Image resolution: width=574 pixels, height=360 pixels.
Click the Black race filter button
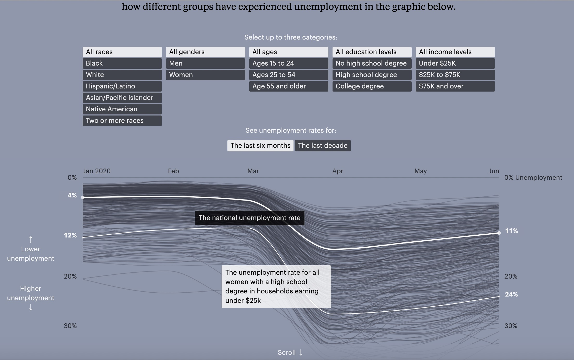point(122,63)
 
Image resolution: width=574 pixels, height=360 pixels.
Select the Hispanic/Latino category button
point(122,86)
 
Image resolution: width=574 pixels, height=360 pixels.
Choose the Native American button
point(122,109)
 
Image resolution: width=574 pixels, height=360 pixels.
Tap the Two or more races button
point(122,121)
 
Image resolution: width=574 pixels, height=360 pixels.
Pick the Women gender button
point(205,75)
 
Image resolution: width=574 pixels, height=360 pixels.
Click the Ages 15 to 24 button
point(289,63)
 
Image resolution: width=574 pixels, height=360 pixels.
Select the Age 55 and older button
point(289,86)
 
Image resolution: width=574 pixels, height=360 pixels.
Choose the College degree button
point(372,86)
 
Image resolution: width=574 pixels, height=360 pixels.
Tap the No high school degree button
point(372,63)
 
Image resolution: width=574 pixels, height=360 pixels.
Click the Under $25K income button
point(455,63)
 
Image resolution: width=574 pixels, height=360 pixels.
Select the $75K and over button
point(455,86)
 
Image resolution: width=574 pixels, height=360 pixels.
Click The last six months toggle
point(260,146)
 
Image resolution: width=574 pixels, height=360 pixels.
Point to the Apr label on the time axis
point(337,171)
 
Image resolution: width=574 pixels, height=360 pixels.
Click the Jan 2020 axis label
point(97,171)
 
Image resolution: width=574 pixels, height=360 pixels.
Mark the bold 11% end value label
point(511,231)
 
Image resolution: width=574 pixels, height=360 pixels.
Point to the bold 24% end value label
point(511,294)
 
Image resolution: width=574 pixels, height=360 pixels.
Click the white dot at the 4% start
point(83,197)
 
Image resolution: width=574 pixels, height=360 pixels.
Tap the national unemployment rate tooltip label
point(250,218)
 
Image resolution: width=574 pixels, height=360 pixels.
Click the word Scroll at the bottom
point(286,353)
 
